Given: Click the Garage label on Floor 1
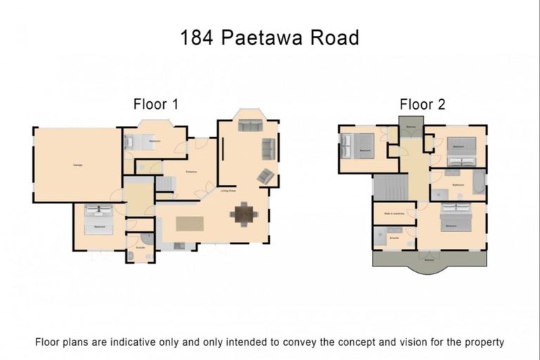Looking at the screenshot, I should [77, 165].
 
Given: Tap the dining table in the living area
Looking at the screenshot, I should [244, 214].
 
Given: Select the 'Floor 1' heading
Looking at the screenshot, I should [155, 105].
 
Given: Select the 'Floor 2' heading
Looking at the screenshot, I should [423, 105].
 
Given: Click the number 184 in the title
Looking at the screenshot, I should [194, 37].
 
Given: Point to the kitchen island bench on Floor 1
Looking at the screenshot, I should [189, 224].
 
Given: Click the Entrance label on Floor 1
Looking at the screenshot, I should [191, 172].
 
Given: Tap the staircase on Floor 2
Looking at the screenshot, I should [385, 188].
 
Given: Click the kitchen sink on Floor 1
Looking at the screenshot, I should [179, 245].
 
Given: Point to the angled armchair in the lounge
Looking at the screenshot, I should [266, 176].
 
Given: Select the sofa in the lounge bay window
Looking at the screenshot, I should [249, 126].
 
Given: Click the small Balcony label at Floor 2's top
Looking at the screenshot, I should [411, 127].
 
